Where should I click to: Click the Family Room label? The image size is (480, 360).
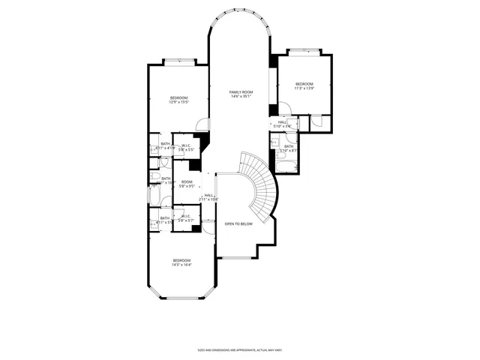point(241,91)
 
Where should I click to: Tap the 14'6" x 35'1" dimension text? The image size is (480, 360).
point(241,97)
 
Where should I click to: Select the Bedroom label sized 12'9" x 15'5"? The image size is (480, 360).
point(178,98)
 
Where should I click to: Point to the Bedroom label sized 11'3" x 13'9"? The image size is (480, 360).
point(303,83)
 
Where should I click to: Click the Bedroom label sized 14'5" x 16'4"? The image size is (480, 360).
point(181,260)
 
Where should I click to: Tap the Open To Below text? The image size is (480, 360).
point(238,223)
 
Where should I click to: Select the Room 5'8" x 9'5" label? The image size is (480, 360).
point(187,182)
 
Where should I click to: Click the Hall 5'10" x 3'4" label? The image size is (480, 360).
point(282,122)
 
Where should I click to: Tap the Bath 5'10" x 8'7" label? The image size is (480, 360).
point(288,147)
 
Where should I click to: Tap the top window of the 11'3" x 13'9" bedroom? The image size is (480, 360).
point(304,51)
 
